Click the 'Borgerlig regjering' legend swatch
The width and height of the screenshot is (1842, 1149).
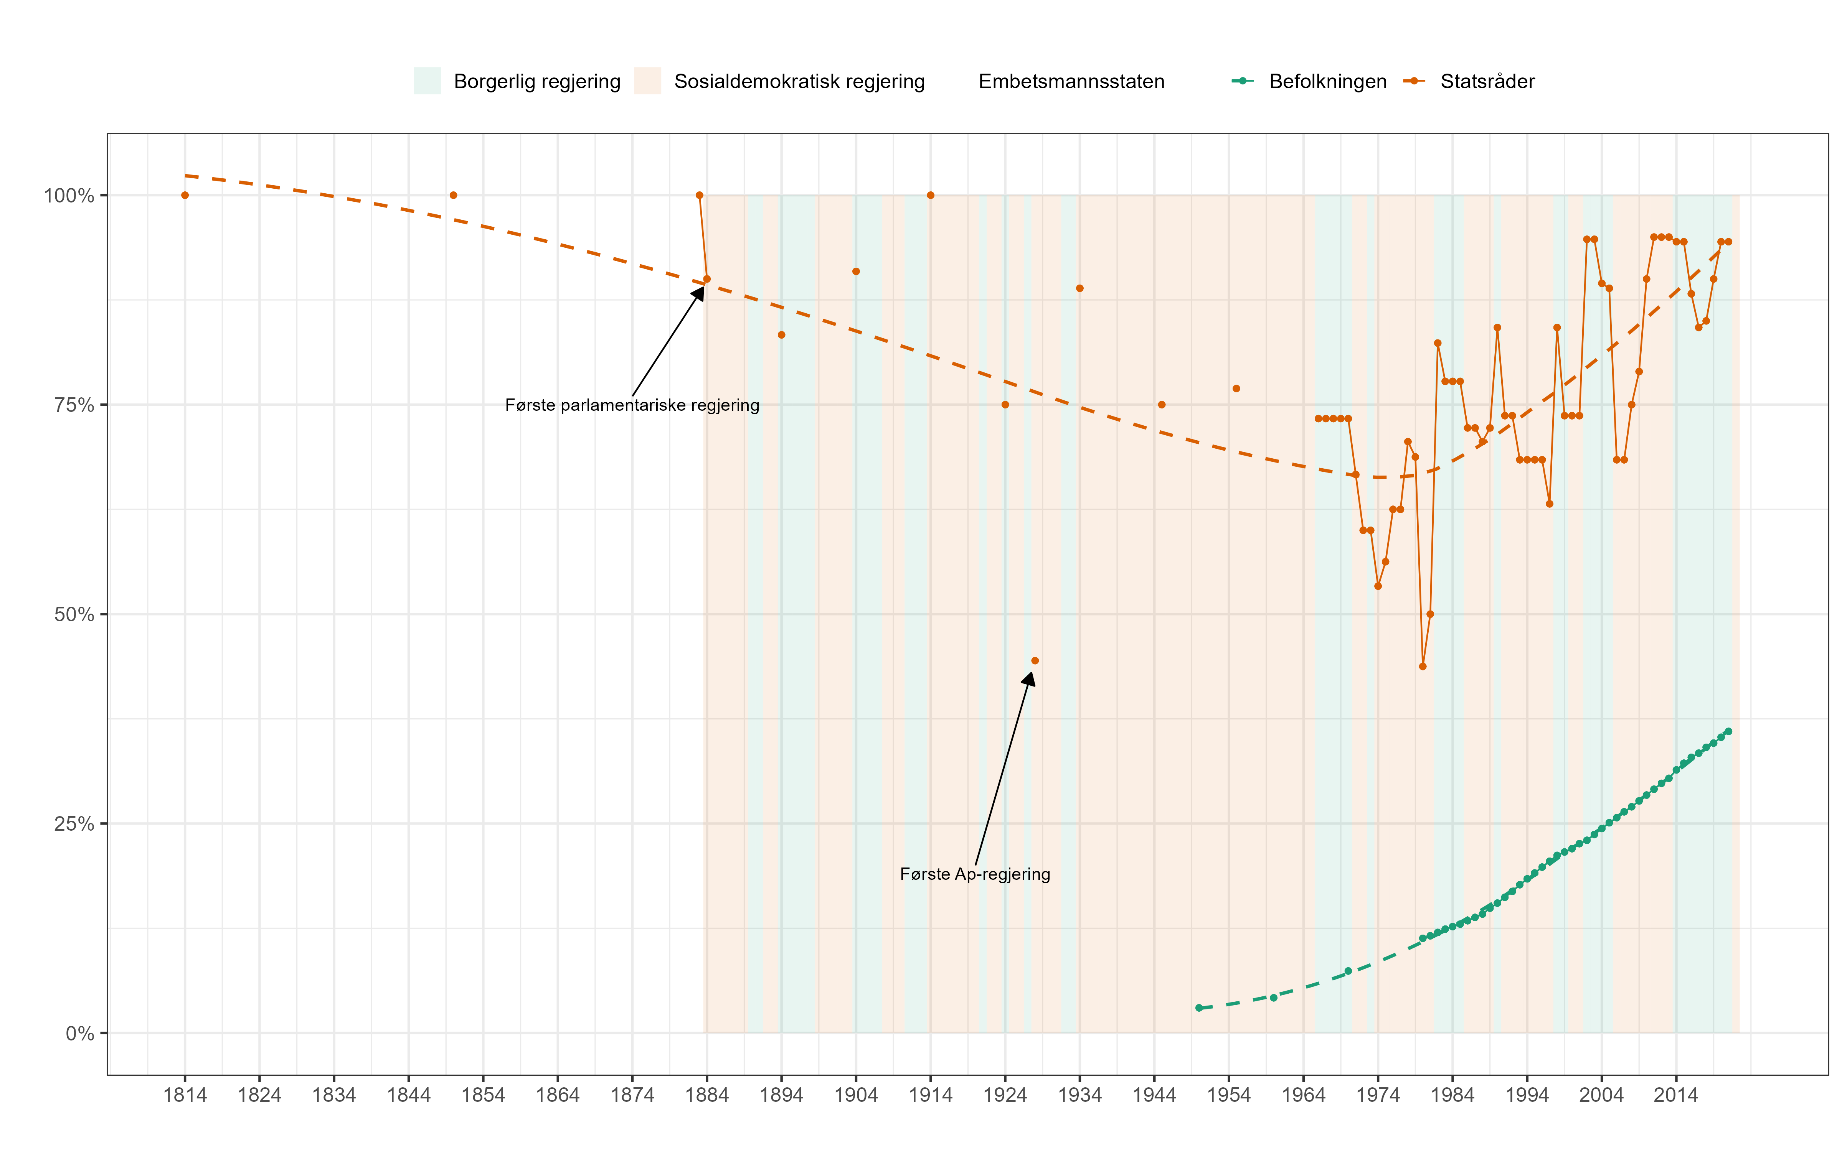coord(426,81)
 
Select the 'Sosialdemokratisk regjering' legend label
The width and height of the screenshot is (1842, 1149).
coord(799,81)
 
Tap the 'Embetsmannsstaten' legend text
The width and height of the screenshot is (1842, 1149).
coord(1071,81)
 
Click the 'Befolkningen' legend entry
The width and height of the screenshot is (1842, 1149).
coord(1327,81)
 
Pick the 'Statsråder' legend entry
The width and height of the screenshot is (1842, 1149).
coord(1487,81)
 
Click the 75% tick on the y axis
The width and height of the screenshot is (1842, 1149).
coord(74,405)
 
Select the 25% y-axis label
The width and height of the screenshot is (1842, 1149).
coord(74,824)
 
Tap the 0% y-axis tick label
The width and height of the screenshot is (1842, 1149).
coord(79,1034)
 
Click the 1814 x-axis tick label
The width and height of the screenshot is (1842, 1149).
coord(185,1095)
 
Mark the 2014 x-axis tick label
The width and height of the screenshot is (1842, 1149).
coord(1675,1095)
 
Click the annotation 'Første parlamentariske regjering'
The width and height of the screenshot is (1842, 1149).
coord(632,405)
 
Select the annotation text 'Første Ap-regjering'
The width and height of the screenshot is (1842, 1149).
coord(975,874)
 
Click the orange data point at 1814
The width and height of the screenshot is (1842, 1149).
coord(185,195)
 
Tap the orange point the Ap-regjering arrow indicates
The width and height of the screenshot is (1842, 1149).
coord(1035,660)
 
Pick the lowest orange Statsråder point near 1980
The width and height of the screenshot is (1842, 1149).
coord(1422,667)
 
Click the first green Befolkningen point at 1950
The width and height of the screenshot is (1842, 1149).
coord(1199,1007)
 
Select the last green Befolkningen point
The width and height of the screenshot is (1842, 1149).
coord(1728,731)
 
